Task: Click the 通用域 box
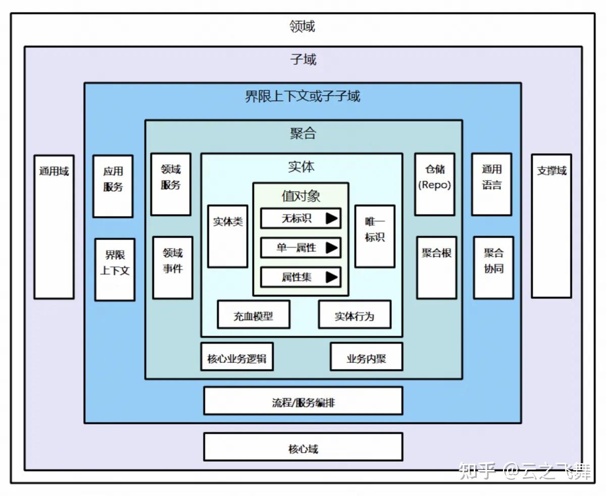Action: coord(54,227)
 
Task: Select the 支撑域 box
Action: coord(551,226)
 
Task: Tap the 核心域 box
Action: coord(303,447)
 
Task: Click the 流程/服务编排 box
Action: coord(303,401)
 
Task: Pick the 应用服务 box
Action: coord(113,186)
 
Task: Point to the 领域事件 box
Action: coord(173,267)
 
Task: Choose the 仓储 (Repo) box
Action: coord(435,184)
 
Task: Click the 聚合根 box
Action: coord(437,267)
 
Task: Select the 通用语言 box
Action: coord(492,184)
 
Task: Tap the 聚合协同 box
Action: coord(493,267)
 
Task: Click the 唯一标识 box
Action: coord(375,236)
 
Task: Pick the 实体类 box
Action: coord(228,236)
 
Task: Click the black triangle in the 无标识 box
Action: coord(331,218)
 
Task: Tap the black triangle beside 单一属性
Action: coord(331,247)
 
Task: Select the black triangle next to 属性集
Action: coord(331,277)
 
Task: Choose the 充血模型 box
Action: coord(254,314)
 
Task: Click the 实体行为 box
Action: coord(355,314)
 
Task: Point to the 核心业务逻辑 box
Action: coord(237,357)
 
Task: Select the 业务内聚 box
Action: coord(366,357)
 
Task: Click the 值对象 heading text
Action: coord(301,196)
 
